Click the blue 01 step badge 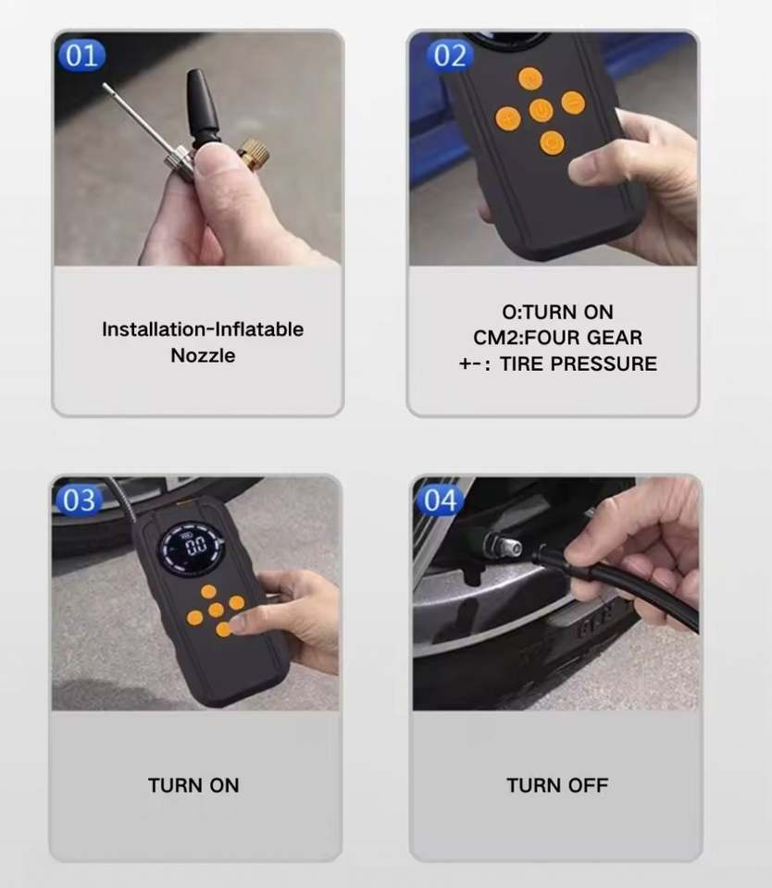point(81,55)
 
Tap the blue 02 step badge point(450,55)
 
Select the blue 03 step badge point(80,500)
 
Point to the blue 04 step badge point(441,500)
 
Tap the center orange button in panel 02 point(541,110)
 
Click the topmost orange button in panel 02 point(530,79)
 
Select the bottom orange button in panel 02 point(552,142)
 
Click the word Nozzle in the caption point(203,355)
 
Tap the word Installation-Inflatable point(203,329)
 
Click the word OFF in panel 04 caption point(588,785)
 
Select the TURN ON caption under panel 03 point(193,785)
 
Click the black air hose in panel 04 point(617,585)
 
